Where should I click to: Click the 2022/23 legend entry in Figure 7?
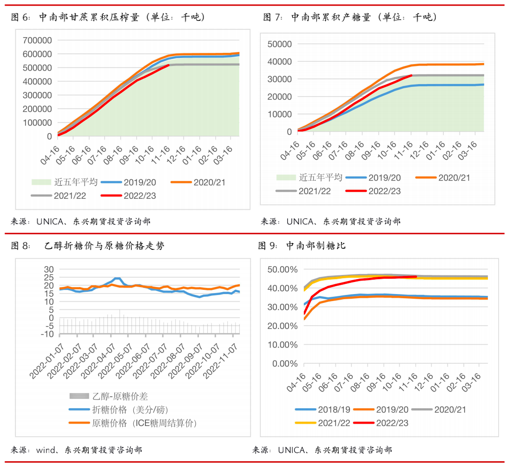coord(384,191)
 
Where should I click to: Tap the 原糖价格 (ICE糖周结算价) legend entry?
coord(145,423)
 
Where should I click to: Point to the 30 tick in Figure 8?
coord(49,269)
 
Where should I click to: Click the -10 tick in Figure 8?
coord(48,334)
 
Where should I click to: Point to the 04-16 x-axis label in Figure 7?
coord(292,150)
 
